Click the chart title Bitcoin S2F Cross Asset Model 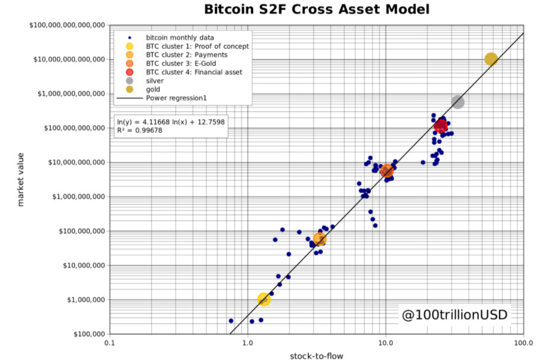[317, 9]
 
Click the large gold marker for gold [491, 59]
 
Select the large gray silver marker [457, 102]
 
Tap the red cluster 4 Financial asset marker [441, 126]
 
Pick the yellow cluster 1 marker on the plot [263, 300]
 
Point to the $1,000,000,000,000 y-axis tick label [71, 94]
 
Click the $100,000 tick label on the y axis [89, 334]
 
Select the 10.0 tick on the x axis [386, 343]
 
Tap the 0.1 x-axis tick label [110, 343]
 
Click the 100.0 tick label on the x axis [523, 343]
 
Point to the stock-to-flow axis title [316, 356]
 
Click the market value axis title [21, 179]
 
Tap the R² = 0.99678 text [139, 130]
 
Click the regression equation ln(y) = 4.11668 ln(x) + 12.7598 [171, 122]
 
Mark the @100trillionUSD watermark [455, 315]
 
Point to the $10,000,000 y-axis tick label [84, 265]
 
